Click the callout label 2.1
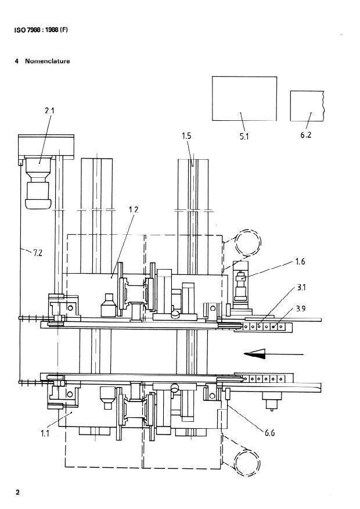[x=49, y=111]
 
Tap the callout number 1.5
[x=186, y=135]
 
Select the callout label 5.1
[x=244, y=137]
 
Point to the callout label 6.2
[x=305, y=135]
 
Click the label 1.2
[x=134, y=209]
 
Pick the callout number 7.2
[x=38, y=252]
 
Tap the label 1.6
[x=300, y=261]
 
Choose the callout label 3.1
[x=301, y=287]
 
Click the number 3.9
[x=301, y=309]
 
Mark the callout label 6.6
[x=270, y=433]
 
